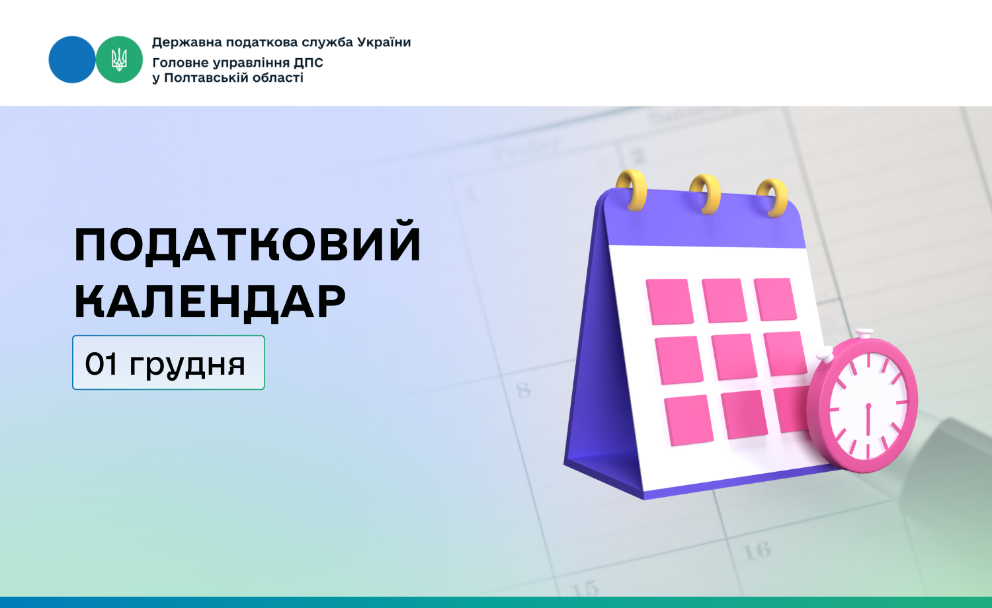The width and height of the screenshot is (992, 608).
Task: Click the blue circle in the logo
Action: pos(71,59)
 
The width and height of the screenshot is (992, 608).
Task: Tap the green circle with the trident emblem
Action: pos(119,59)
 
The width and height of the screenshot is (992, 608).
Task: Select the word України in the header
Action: pos(384,42)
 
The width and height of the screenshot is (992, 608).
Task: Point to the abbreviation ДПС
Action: pos(308,62)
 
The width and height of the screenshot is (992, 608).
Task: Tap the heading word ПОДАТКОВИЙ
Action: pos(247,243)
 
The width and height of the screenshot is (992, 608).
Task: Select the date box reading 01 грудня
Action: pos(168,362)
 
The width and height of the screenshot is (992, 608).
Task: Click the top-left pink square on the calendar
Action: pos(669,301)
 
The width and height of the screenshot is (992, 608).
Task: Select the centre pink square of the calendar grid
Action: pos(734,357)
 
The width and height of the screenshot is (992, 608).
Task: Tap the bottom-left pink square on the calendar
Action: pos(688,420)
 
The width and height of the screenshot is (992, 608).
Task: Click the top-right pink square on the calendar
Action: pos(775,299)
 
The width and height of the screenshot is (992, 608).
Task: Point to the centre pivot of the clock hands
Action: pos(868,406)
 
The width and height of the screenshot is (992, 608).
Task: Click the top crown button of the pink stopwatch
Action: pos(864,333)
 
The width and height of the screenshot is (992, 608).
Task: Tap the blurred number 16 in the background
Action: pos(757,551)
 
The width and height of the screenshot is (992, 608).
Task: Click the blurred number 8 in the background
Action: pos(524,390)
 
